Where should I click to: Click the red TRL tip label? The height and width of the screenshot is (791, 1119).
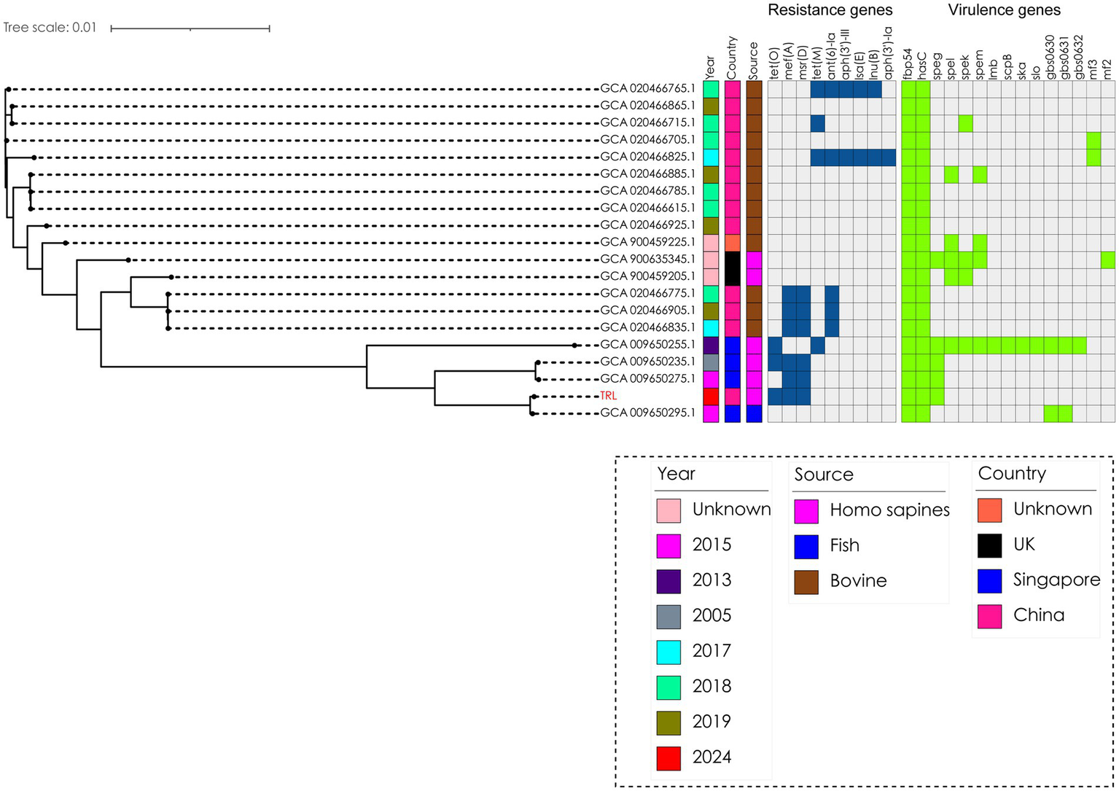coord(608,396)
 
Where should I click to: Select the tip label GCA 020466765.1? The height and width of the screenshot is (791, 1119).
coord(647,88)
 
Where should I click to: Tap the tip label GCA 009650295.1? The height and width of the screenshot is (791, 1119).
coord(647,413)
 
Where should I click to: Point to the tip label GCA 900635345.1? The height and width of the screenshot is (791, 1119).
coord(647,259)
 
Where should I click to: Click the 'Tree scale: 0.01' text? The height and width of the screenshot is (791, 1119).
coord(50,28)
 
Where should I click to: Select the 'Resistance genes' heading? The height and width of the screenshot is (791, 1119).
coord(830,10)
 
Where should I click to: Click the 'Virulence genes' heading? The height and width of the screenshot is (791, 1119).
coord(1004,10)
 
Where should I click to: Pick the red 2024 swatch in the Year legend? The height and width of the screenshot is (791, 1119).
coord(668,757)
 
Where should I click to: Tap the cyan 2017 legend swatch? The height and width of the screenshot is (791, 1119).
coord(668,651)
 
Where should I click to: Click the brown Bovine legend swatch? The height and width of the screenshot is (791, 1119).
coord(806,581)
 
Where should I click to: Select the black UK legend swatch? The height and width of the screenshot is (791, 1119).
coord(989,545)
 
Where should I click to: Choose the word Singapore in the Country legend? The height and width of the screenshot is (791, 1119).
coord(1056,580)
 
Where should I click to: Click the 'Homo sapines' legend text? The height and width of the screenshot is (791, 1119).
coord(889,510)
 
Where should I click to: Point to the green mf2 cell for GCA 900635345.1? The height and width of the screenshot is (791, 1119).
coord(1107,260)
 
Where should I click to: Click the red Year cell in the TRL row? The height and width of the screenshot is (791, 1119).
coord(711,396)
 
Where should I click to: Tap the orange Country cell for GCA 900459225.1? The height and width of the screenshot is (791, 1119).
coord(733,242)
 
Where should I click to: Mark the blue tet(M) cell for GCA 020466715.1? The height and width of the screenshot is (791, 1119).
coord(817,123)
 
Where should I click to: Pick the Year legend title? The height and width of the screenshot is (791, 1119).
coord(676,474)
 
